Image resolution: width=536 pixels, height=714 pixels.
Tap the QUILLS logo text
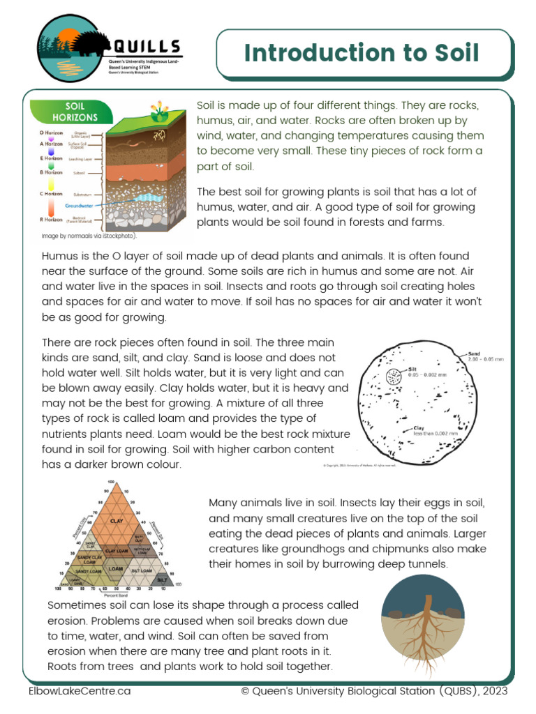[146, 47]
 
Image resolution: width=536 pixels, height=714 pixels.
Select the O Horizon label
[51, 132]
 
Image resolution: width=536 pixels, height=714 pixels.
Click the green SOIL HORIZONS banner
[75, 112]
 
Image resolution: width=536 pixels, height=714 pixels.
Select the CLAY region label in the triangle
[117, 520]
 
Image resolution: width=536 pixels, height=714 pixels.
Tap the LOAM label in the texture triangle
[116, 569]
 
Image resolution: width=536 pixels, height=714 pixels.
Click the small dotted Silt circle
[393, 378]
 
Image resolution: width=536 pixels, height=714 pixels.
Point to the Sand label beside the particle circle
[474, 354]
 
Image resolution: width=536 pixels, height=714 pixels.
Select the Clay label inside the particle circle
[419, 428]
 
